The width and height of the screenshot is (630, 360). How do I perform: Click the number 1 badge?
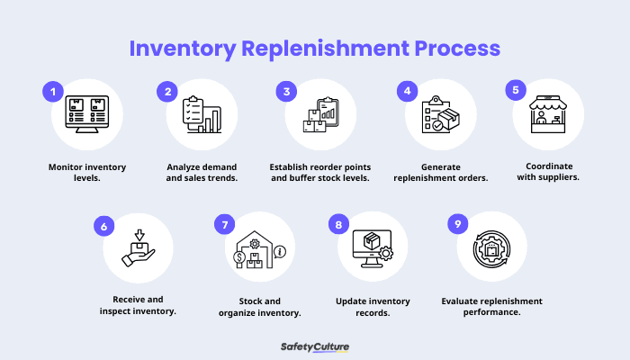[53, 92]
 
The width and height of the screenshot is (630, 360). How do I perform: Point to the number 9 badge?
[458, 224]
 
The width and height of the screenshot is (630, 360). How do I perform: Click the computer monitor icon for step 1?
[87, 114]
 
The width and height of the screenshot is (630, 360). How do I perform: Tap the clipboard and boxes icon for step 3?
[320, 114]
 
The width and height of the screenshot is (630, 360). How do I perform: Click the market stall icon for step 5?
[549, 114]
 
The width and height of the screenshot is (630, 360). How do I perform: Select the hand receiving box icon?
[139, 247]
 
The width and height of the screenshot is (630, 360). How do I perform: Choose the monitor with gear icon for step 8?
[374, 247]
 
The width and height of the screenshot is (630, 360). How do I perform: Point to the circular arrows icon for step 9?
[492, 247]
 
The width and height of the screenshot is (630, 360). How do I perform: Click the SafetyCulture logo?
[315, 346]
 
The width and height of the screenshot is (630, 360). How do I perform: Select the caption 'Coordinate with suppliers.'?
[549, 171]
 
